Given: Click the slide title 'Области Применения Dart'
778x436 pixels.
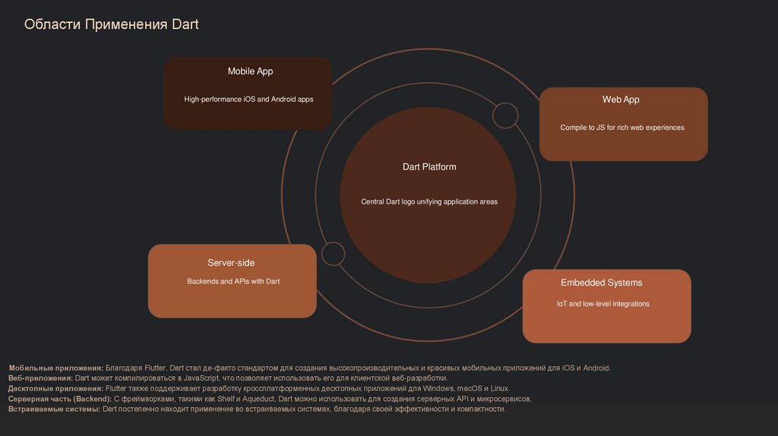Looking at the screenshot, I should (x=111, y=24).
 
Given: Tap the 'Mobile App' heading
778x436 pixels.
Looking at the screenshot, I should (x=250, y=71).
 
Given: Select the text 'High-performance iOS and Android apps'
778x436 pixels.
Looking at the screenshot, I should (x=248, y=100).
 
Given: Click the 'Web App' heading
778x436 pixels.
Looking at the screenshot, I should (x=621, y=100).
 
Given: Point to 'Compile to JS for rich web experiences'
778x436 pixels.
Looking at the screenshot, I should (x=622, y=128).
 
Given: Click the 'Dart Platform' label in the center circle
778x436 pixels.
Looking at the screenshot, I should (x=429, y=166).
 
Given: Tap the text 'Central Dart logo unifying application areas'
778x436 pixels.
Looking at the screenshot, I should (x=429, y=202).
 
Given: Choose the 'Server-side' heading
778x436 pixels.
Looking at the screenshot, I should (x=231, y=263).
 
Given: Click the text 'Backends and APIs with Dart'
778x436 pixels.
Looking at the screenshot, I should (x=233, y=282).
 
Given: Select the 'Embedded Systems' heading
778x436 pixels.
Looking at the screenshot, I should (x=601, y=283).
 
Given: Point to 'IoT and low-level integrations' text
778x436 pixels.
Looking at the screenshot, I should (x=603, y=304).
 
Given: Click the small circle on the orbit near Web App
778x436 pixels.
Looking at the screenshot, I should (x=504, y=115).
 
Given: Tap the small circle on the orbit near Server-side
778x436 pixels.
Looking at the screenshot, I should (x=333, y=254).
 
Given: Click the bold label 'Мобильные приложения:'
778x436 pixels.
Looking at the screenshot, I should (x=55, y=368).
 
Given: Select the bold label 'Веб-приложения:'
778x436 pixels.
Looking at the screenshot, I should (x=41, y=378).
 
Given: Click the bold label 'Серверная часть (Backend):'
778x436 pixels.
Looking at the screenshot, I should (x=60, y=399).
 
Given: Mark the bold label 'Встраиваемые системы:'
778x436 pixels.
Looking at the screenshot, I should (x=54, y=409).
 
